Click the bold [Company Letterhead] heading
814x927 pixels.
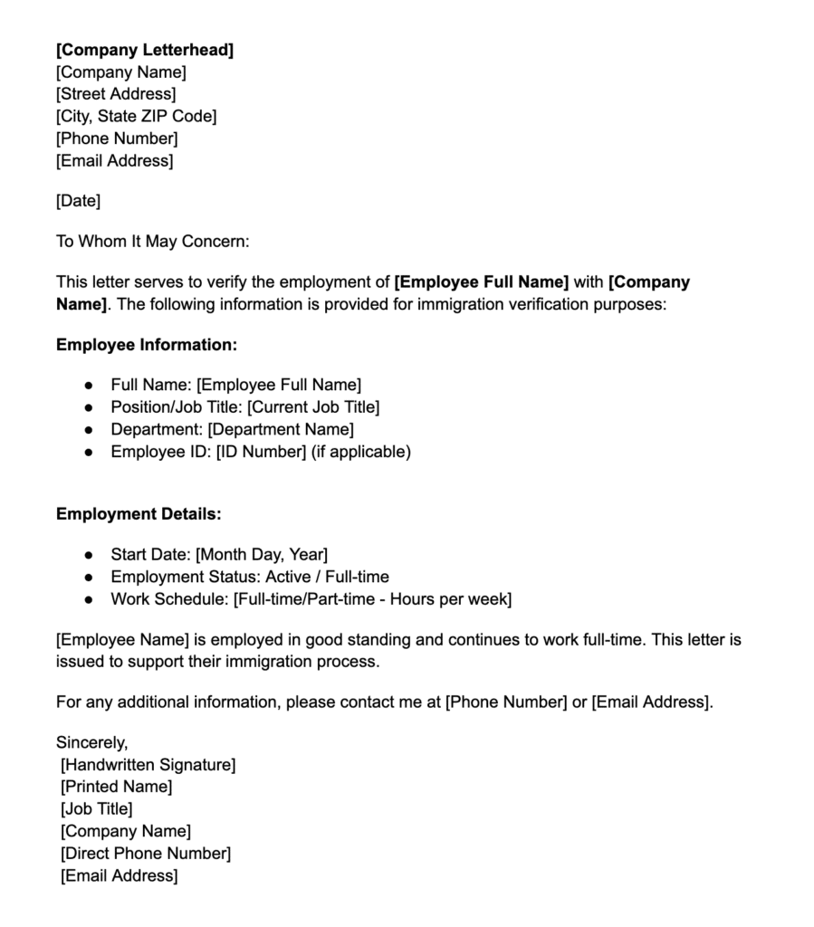[145, 50]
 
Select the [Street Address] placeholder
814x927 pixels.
[116, 94]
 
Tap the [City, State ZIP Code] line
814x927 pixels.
[136, 116]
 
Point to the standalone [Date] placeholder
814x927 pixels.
[78, 201]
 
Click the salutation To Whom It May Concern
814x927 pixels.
[152, 241]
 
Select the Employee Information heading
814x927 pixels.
[147, 345]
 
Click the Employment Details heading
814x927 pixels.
[139, 514]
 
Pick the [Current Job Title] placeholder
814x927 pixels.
[313, 407]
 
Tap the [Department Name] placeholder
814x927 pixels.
[281, 429]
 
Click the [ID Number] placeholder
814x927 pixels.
[261, 452]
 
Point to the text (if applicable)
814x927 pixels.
[361, 452]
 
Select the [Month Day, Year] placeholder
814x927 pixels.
[262, 554]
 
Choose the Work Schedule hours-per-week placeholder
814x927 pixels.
[372, 598]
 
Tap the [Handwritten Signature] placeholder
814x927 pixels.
[148, 765]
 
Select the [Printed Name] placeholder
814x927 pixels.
[116, 787]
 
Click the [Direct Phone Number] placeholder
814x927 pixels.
[146, 854]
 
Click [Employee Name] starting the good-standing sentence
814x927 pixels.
[122, 640]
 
